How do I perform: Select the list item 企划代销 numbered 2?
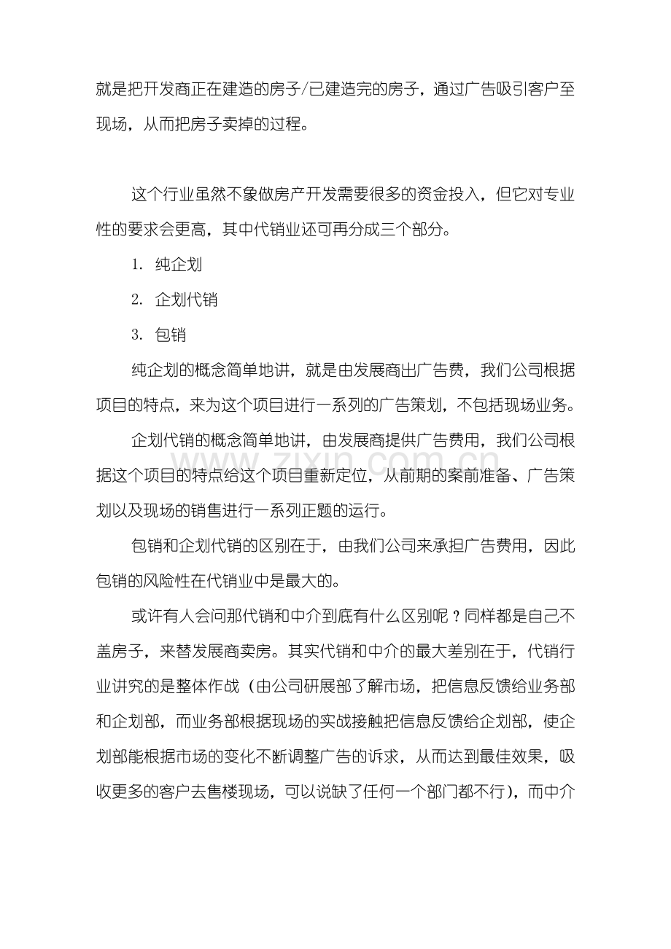click(186, 300)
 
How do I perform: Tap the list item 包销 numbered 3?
click(171, 335)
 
